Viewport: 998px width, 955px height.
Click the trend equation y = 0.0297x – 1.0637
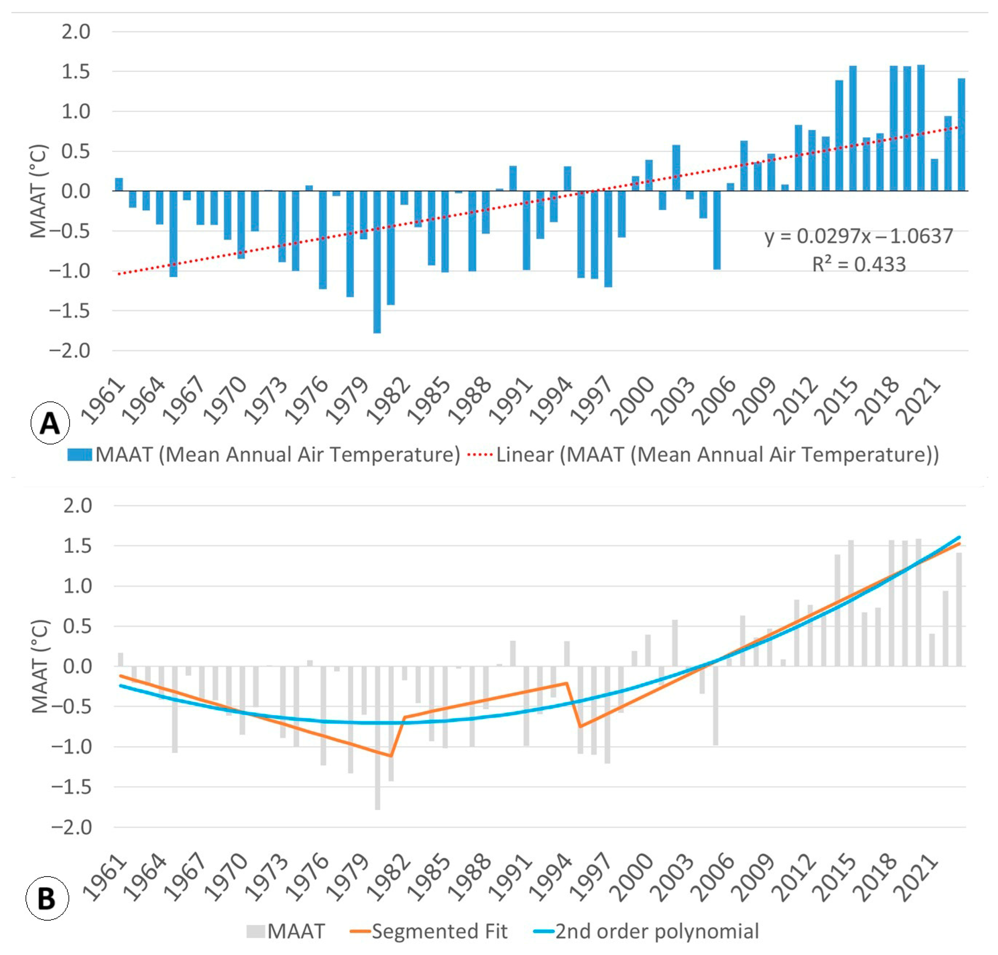(858, 236)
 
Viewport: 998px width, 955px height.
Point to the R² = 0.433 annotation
(858, 265)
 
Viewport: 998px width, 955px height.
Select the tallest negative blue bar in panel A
(377, 262)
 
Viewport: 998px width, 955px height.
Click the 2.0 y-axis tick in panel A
(76, 32)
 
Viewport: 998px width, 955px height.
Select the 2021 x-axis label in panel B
(920, 878)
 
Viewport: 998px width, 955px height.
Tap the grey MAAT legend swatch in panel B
(256, 932)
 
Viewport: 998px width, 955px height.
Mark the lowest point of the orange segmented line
(390, 756)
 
